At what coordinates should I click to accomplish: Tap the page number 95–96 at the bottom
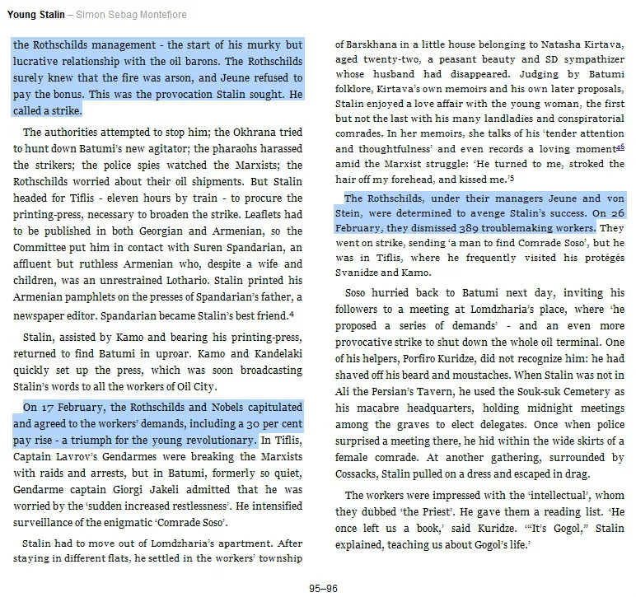[x=317, y=588]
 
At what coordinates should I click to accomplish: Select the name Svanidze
[x=361, y=272]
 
